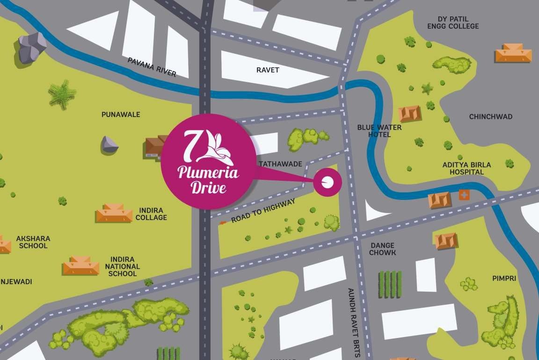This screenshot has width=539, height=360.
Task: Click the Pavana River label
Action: tap(152, 67)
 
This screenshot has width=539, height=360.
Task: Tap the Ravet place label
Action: tap(268, 70)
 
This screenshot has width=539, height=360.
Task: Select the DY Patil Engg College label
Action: tap(453, 22)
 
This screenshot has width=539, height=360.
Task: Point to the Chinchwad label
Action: tap(491, 117)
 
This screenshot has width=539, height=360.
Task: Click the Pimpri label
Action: tap(504, 278)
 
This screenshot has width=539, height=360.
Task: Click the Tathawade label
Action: tap(279, 164)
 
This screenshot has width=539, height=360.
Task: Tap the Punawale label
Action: tap(121, 114)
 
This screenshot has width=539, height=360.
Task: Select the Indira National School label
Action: tap(122, 266)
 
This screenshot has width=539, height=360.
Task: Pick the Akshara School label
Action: tap(33, 242)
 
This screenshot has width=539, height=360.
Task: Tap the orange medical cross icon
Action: tap(464, 195)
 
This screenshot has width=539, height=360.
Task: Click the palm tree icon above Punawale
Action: tap(62, 94)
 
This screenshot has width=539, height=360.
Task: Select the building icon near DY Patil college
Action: tap(513, 53)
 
